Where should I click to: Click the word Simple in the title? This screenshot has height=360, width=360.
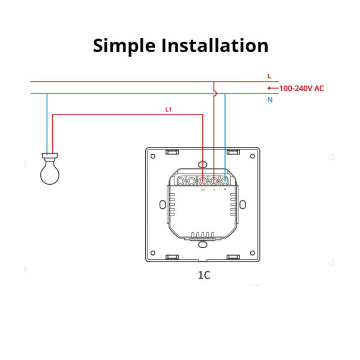pyautogui.click(x=124, y=46)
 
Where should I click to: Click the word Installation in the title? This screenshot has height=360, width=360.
pyautogui.click(x=215, y=45)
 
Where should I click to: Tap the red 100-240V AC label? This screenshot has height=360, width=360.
pyautogui.click(x=301, y=88)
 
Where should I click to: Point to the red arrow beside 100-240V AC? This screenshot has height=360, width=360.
pyautogui.click(x=273, y=88)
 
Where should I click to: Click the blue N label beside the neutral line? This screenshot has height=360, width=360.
pyautogui.click(x=270, y=100)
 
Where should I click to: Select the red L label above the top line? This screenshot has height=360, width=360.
pyautogui.click(x=269, y=76)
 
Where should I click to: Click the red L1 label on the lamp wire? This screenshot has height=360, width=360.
pyautogui.click(x=169, y=110)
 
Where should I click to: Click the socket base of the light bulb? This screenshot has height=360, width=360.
pyautogui.click(x=50, y=156)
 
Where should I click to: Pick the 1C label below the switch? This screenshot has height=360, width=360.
pyautogui.click(x=204, y=275)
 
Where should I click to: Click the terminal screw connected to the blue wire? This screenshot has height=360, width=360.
pyautogui.click(x=225, y=181)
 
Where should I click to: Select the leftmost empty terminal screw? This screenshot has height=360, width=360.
pyautogui.click(x=181, y=181)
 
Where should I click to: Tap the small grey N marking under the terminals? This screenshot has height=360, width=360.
pyautogui.click(x=225, y=190)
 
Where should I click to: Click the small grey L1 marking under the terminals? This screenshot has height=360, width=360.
pyautogui.click(x=203, y=190)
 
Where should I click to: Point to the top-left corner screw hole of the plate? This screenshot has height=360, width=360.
pyautogui.click(x=153, y=157)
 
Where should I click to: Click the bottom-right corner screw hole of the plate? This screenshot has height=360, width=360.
pyautogui.click(x=253, y=253)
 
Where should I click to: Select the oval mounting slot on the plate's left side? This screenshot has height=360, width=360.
pyautogui.click(x=163, y=205)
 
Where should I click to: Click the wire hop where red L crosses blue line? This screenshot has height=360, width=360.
pyautogui.click(x=215, y=94)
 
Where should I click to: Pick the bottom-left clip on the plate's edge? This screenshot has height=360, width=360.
pyautogui.click(x=172, y=257)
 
